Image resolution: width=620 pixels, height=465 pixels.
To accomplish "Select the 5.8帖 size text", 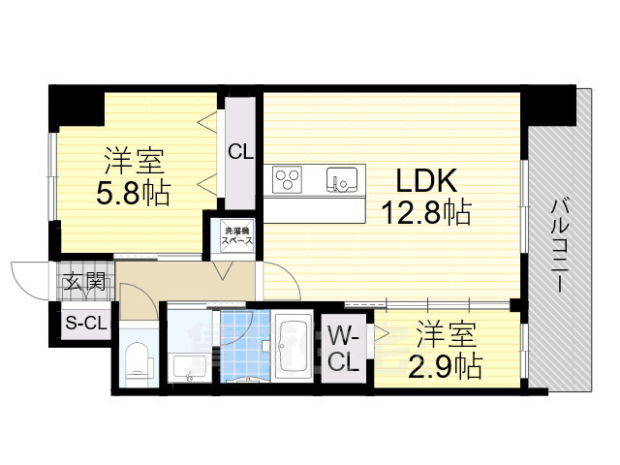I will pyautogui.click(x=134, y=192).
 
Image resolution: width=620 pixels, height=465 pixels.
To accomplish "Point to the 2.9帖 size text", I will pyautogui.click(x=446, y=366).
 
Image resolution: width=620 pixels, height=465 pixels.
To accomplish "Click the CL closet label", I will pyautogui.click(x=240, y=151).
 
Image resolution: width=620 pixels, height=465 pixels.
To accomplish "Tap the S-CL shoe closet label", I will pyautogui.click(x=85, y=324).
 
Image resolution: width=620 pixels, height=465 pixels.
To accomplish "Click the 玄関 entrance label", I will pyautogui.click(x=85, y=284).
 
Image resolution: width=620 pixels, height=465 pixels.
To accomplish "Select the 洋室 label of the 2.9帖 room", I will pyautogui.click(x=447, y=336).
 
